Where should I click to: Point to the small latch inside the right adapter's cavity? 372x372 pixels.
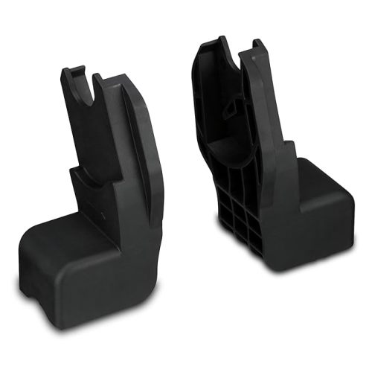pos(232,107)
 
